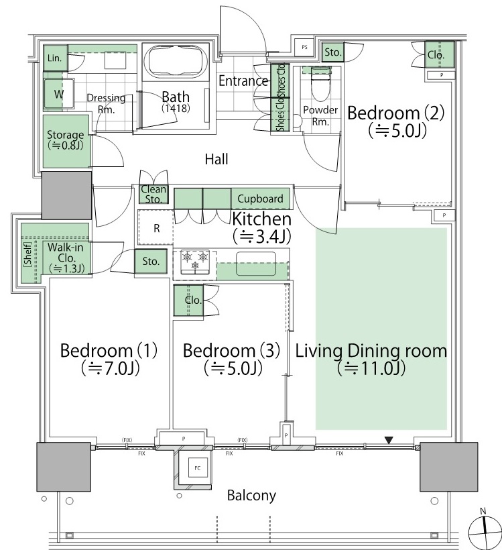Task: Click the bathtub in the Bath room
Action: click(x=176, y=62)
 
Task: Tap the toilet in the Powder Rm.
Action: click(x=321, y=84)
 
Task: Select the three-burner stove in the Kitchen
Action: click(x=195, y=262)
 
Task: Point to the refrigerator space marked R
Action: click(x=155, y=227)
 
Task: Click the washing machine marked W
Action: click(x=58, y=93)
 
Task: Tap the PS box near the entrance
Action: click(x=304, y=47)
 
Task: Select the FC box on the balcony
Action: click(x=197, y=467)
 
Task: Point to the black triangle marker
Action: click(x=389, y=440)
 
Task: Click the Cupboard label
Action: click(x=260, y=199)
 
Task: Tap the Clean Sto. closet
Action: click(x=153, y=194)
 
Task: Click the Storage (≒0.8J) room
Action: click(x=66, y=141)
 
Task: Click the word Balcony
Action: click(x=251, y=495)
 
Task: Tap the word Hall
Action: click(x=216, y=159)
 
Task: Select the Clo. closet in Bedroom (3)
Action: click(x=188, y=300)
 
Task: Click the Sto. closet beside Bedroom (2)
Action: click(x=332, y=52)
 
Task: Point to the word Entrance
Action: click(x=243, y=80)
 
